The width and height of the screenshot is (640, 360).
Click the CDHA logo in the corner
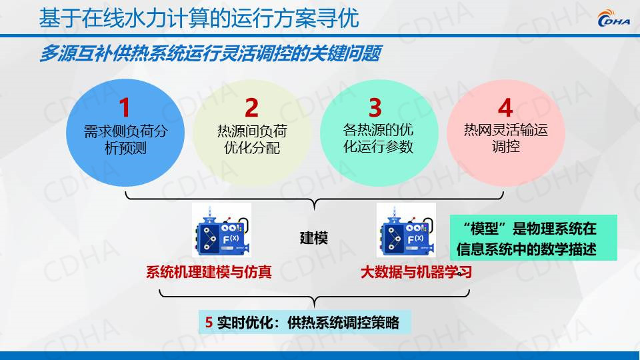click(613, 19)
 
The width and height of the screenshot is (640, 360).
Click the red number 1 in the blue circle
click(125, 108)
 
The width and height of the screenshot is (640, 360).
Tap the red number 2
click(251, 108)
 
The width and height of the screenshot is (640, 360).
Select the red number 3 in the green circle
click(375, 108)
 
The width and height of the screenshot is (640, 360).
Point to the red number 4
click(505, 108)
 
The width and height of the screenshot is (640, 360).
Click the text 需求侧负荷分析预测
click(126, 139)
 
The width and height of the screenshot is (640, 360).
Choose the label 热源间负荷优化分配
click(252, 139)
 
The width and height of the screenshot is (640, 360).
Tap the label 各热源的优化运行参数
click(379, 139)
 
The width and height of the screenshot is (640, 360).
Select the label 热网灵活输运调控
click(506, 139)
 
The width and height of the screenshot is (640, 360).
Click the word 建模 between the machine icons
click(314, 237)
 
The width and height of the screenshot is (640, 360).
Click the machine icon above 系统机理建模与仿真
click(221, 230)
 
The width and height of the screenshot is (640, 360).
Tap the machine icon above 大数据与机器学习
click(406, 230)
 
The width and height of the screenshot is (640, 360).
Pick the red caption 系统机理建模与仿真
click(209, 272)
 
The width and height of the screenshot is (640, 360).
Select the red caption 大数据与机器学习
click(416, 272)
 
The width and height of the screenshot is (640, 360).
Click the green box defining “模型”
click(533, 238)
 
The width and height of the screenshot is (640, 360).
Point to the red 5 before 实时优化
click(209, 323)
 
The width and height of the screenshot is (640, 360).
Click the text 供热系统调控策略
click(343, 323)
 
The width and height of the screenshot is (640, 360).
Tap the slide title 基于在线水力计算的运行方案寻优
click(199, 19)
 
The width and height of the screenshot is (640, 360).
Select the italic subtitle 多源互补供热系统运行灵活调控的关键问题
click(211, 53)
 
